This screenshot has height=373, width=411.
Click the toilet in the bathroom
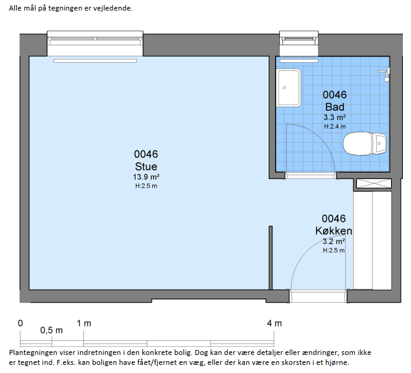coord(364,144)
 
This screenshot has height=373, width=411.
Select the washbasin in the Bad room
coord(289,88)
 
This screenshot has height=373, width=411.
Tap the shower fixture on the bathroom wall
coord(386,75)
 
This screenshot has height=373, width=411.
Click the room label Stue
coord(146,167)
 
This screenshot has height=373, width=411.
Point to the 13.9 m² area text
coord(146,177)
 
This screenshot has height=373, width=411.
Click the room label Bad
coord(335,107)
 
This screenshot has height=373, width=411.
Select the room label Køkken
coord(334,231)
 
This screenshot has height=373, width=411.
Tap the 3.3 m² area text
coord(335,117)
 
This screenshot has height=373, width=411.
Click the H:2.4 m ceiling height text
coord(335,127)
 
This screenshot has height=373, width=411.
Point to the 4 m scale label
coord(274,323)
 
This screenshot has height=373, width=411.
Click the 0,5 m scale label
coord(52,331)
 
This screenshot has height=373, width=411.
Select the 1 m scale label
coord(84,323)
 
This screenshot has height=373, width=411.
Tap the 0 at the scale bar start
coord(20,323)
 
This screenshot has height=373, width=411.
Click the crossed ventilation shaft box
coord(374,183)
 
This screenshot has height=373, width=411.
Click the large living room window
coord(95,44)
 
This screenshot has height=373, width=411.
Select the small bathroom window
coord(299,44)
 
